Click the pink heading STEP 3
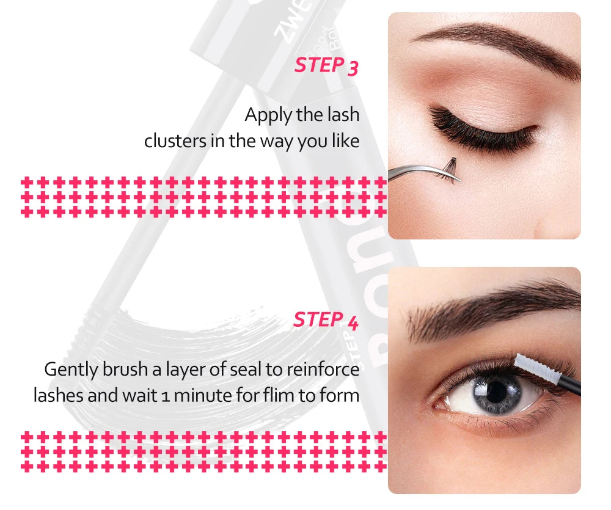click(326, 65)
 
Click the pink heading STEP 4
click(326, 320)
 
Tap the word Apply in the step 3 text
click(268, 115)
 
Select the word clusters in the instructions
click(175, 140)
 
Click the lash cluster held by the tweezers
click(449, 169)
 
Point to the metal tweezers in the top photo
click(423, 172)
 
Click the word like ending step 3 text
click(346, 140)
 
